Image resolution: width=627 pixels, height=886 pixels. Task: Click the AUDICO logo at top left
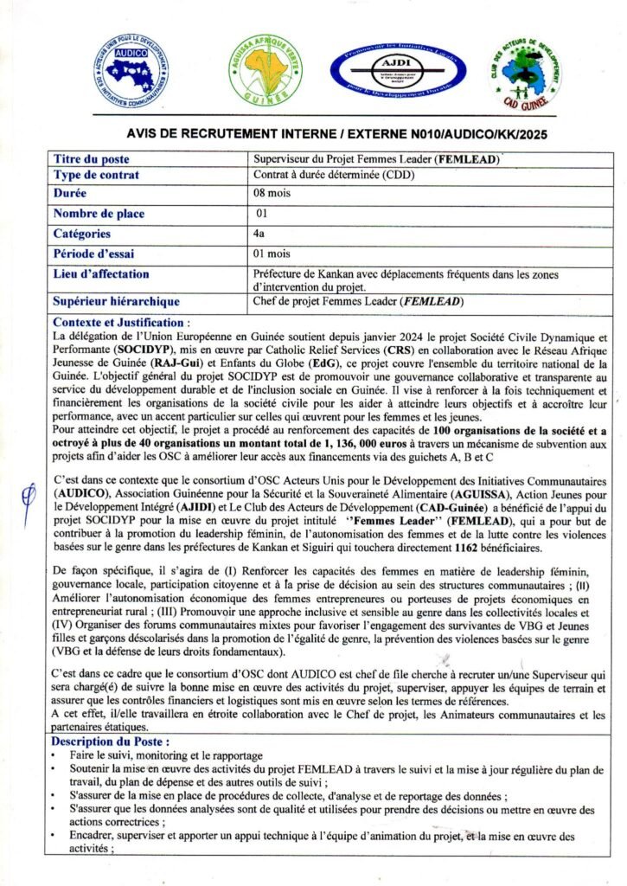coord(131,71)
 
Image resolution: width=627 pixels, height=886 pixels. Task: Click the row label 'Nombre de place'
coord(99,214)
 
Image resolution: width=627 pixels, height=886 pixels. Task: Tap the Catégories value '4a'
coord(259,234)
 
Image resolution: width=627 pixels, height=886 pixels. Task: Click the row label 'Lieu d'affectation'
coord(101,274)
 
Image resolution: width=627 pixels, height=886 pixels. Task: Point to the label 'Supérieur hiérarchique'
coord(117,301)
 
